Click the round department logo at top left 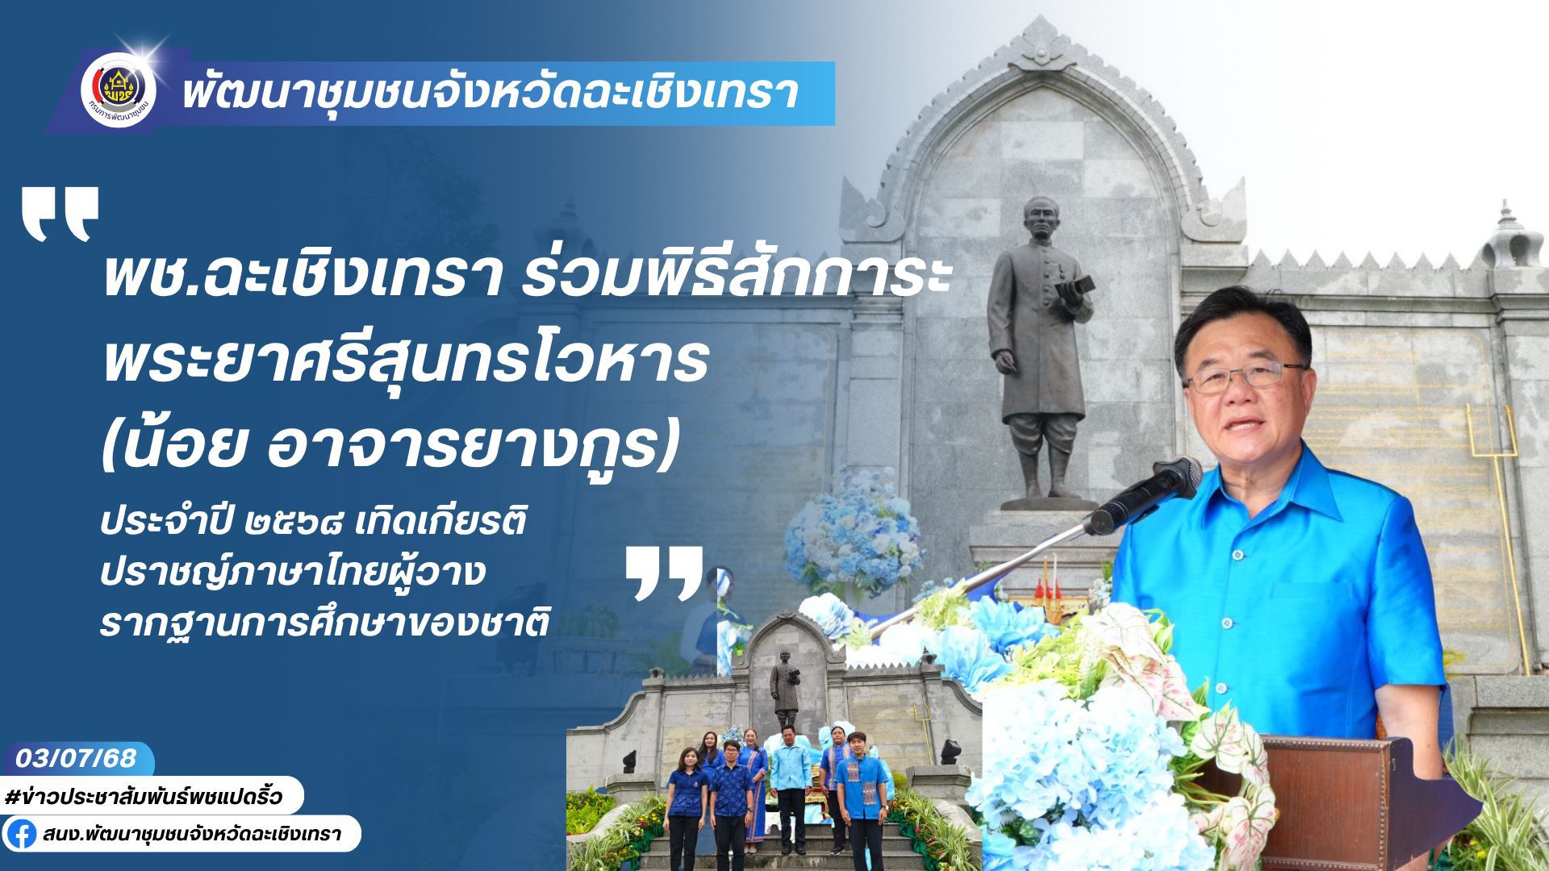click(x=119, y=89)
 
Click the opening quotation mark click(x=60, y=215)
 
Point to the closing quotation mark click(x=664, y=573)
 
